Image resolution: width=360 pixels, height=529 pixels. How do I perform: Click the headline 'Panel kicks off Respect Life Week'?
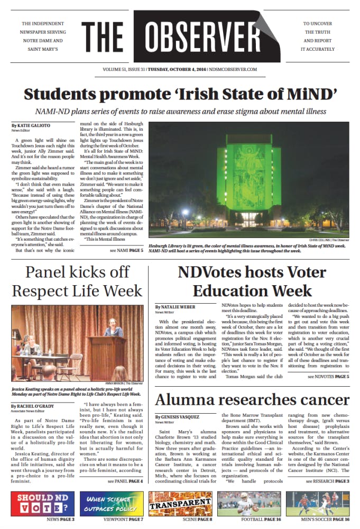[x=77, y=281]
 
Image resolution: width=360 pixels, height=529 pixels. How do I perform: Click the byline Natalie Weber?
[x=176, y=307]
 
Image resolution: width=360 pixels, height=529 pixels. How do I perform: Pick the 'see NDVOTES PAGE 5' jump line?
[x=328, y=377]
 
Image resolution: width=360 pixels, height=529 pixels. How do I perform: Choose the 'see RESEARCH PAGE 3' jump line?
[x=327, y=481]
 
